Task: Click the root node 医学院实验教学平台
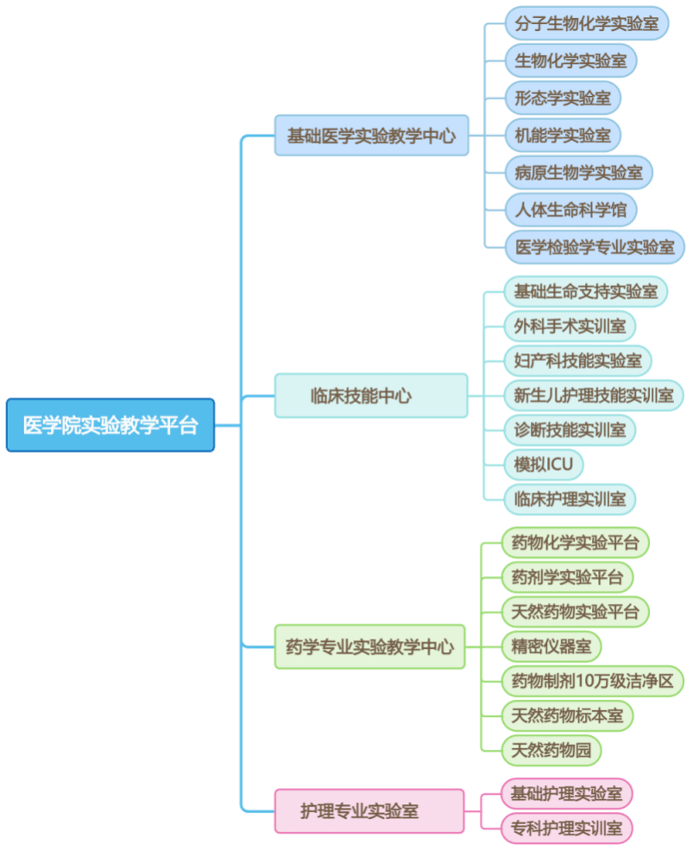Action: point(110,425)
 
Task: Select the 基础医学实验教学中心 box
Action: point(371,136)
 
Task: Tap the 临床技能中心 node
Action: point(371,396)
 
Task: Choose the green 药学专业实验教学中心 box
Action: point(369,646)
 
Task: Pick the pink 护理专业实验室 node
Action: point(369,810)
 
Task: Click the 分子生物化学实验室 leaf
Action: point(587,23)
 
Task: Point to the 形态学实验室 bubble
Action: point(563,98)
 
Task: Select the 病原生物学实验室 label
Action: point(579,172)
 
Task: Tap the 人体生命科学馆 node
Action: point(571,209)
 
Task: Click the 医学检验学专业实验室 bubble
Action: point(595,246)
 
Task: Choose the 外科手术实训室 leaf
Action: point(570,327)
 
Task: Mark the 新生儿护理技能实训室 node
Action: point(594,395)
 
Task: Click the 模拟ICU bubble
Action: point(544,464)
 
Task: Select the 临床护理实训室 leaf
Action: point(570,499)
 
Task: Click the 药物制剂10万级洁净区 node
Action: point(592,680)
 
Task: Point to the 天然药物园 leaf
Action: point(551,749)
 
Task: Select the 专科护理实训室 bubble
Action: point(567,828)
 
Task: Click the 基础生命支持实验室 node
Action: point(586,291)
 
